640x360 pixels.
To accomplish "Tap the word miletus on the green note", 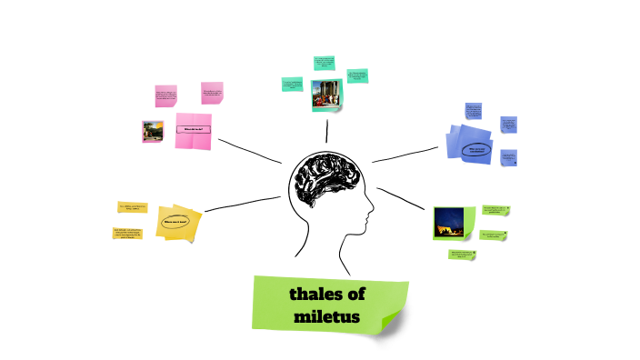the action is [327, 317].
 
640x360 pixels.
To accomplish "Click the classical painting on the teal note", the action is [327, 95].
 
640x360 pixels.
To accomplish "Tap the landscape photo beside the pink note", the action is [153, 131].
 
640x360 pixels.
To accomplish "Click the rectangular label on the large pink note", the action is [196, 129].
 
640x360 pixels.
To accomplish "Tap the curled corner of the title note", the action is [393, 319].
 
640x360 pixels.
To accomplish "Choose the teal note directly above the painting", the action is [324, 64].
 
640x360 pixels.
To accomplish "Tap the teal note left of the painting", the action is [292, 85].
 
